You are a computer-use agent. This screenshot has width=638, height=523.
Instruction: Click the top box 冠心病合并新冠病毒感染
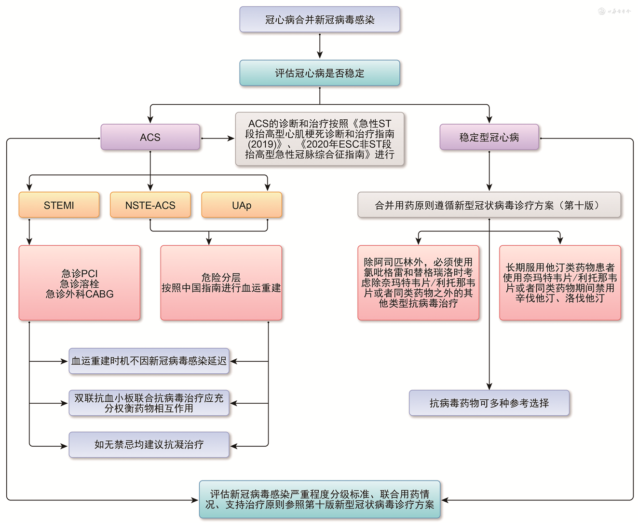click(x=320, y=20)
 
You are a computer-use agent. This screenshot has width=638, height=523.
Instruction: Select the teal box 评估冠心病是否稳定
click(x=320, y=73)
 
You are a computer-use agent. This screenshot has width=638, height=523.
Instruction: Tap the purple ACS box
click(x=150, y=138)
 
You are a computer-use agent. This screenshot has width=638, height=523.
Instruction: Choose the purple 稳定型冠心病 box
click(x=489, y=138)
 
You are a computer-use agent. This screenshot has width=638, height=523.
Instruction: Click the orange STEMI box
click(x=59, y=205)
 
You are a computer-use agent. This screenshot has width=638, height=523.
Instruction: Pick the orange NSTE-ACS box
click(x=150, y=205)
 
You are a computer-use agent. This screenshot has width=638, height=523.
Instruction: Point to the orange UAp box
click(x=242, y=205)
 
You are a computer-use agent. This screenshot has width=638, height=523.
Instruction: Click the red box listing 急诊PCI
click(x=80, y=283)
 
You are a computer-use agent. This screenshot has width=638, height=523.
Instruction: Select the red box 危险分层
click(x=221, y=283)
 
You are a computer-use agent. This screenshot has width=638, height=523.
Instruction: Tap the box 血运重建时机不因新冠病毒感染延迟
click(x=149, y=361)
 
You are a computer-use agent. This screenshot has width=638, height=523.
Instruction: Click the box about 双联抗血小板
click(x=149, y=403)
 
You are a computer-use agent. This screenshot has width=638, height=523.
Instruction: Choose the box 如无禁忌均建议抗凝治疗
click(x=149, y=445)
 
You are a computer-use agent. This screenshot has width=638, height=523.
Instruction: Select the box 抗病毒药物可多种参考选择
click(x=489, y=403)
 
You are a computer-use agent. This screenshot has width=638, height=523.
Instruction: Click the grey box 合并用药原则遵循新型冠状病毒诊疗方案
click(x=489, y=205)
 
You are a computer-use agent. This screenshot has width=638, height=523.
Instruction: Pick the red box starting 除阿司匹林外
click(x=418, y=283)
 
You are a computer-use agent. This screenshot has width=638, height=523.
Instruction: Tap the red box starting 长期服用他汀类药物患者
click(x=560, y=283)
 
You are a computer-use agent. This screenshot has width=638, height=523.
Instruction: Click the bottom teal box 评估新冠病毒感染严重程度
click(x=320, y=500)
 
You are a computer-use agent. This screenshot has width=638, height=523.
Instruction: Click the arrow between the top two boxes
click(x=320, y=46)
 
